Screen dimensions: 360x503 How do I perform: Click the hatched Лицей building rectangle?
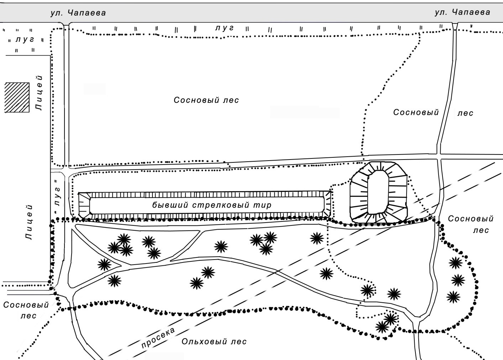tap(17, 97)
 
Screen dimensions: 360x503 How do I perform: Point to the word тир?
tap(264, 205)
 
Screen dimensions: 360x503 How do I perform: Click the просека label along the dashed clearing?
tap(158, 338)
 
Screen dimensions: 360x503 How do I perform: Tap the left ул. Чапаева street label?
tap(78, 13)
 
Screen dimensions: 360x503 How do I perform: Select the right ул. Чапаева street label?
tap(462, 12)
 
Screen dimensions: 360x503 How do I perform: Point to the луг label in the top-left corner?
tap(25, 40)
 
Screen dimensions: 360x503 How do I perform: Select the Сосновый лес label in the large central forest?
tap(206, 100)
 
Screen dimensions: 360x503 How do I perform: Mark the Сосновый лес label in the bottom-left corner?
tap(26, 310)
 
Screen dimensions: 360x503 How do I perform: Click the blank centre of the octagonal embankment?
tap(378, 192)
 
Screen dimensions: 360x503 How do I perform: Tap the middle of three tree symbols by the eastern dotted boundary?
tap(458, 280)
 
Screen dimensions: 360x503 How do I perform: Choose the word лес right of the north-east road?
tap(465, 113)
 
